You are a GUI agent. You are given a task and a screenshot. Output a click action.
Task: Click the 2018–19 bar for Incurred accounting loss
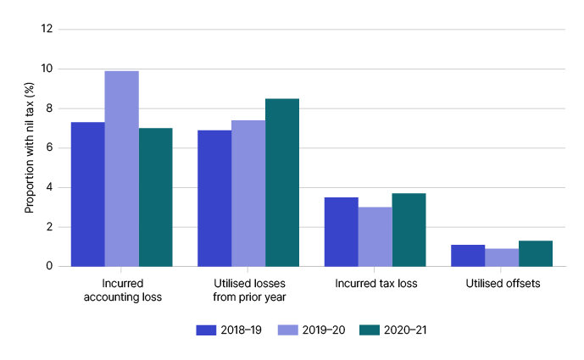click(87, 194)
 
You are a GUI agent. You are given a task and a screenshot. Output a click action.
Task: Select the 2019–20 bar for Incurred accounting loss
click(121, 169)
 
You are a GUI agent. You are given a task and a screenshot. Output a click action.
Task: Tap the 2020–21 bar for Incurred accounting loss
click(155, 197)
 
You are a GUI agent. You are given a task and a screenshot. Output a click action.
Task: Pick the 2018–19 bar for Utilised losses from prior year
click(214, 198)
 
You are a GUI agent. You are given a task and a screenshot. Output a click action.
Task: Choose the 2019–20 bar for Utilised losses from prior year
click(248, 193)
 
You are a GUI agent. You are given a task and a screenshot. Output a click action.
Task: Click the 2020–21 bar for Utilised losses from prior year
click(282, 182)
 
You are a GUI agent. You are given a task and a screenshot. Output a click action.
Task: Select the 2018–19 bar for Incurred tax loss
click(342, 231)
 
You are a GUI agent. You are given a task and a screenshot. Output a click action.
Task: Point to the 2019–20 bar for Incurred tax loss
click(375, 236)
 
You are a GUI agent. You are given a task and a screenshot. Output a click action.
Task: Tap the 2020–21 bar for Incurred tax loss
click(409, 230)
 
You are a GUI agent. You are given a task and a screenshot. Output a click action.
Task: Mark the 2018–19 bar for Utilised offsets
click(468, 255)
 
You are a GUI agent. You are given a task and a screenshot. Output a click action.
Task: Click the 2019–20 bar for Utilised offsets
click(502, 258)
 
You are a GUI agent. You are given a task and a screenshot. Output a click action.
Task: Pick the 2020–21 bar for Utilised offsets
click(536, 253)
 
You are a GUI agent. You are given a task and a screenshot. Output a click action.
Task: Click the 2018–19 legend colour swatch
click(207, 329)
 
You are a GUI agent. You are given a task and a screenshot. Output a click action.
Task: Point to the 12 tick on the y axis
click(47, 29)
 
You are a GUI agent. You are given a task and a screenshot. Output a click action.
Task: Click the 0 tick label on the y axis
click(49, 266)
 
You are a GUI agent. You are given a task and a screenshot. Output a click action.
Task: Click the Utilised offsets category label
click(502, 283)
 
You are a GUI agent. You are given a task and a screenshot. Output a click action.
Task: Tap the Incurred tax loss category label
click(375, 283)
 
